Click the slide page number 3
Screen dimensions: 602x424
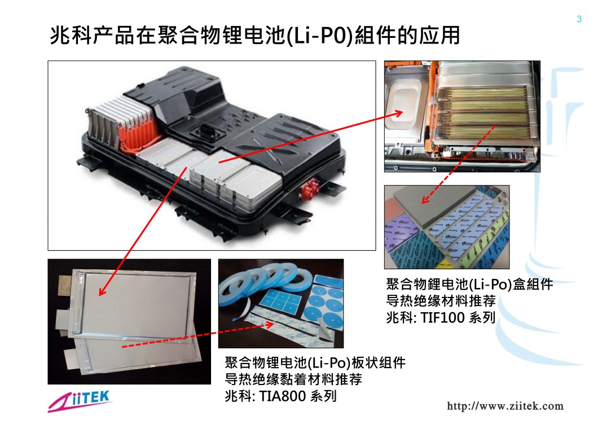[579, 19]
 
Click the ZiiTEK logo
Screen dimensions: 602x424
[80, 401]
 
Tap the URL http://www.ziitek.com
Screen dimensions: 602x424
[505, 406]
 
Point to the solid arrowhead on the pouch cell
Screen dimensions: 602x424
[102, 291]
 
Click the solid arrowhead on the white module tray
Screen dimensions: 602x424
[398, 113]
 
